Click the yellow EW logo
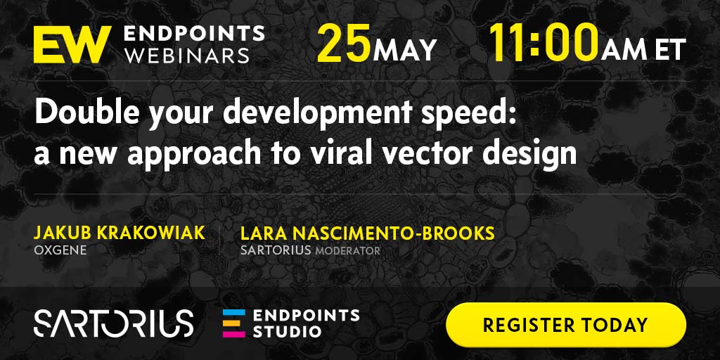[x=72, y=44]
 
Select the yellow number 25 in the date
[x=343, y=44]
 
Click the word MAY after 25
[x=404, y=50]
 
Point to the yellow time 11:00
[x=544, y=44]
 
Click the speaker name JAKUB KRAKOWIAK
[x=120, y=233]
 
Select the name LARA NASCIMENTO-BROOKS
[x=367, y=233]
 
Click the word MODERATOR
[x=347, y=251]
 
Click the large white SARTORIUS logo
[x=113, y=323]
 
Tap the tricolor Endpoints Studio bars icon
[x=234, y=323]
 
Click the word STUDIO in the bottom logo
[x=287, y=332]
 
